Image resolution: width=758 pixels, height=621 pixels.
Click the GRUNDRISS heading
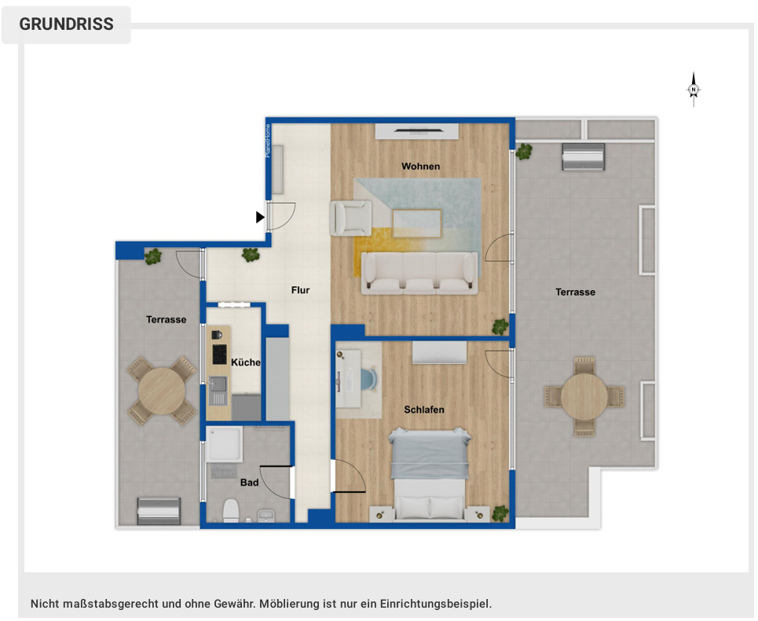tap(66, 24)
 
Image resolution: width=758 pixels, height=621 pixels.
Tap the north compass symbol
tap(693, 90)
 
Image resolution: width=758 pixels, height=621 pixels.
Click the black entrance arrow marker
tap(260, 217)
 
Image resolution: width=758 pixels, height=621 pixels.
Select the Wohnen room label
tap(420, 166)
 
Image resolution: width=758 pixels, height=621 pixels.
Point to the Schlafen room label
tap(424, 410)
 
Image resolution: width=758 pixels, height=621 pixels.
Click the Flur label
tap(300, 290)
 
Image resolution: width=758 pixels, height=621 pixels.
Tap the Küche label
tap(245, 362)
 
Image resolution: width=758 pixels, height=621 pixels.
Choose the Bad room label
tap(249, 483)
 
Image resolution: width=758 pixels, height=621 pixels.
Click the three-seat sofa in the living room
tap(419, 273)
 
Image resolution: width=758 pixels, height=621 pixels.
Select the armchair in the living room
tap(351, 218)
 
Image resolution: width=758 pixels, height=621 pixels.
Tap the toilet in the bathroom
tap(230, 511)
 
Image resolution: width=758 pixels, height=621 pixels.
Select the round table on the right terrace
tap(584, 396)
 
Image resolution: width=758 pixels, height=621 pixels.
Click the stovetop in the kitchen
tap(218, 355)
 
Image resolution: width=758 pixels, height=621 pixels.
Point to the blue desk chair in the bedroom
tap(368, 377)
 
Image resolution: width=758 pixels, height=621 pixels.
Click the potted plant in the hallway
tap(251, 255)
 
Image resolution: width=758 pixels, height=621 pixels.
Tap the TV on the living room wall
tap(416, 130)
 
